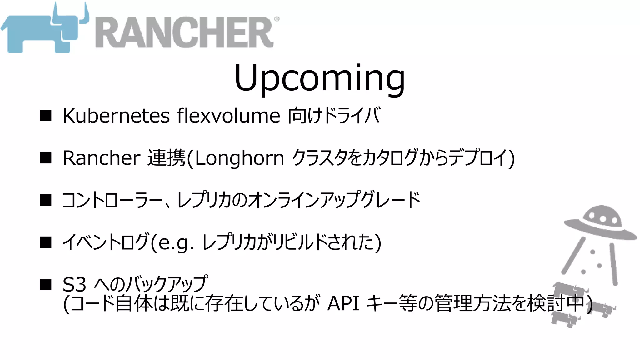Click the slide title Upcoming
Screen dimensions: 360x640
319,78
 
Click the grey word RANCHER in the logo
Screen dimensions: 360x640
184,32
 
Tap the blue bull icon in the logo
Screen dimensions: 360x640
44,31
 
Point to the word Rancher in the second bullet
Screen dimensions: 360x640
102,158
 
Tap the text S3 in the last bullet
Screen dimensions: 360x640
74,285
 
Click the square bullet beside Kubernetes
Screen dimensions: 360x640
46,116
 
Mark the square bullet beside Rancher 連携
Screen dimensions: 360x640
46,158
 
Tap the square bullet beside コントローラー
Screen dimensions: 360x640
46,200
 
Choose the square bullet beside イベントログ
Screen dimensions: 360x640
46,242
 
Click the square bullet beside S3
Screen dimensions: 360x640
46,285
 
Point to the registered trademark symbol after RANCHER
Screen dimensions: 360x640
277,19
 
